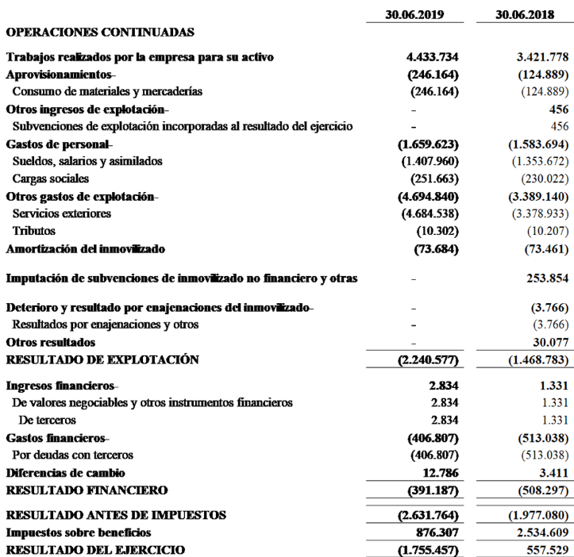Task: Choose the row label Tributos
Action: (34, 231)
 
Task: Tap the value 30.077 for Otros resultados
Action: (543, 343)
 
